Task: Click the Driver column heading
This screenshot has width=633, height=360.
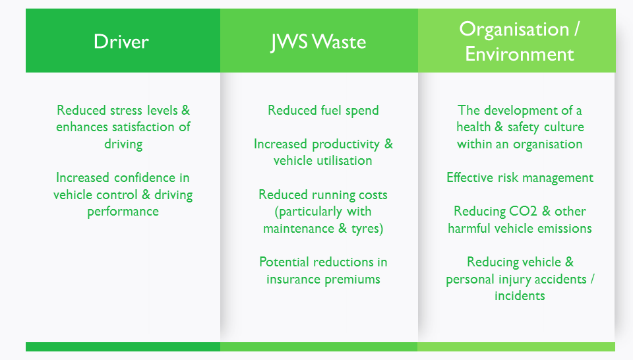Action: [x=121, y=42]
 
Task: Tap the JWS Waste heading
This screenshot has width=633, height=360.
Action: [x=318, y=42]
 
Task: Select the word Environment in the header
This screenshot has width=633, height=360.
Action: [x=519, y=54]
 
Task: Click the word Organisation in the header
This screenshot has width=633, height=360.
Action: [x=514, y=30]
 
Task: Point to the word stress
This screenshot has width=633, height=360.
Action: [x=127, y=110]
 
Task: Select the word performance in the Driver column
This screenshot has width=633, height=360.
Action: [x=123, y=212]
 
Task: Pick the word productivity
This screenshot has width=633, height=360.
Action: [x=346, y=144]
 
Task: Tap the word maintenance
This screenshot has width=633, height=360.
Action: [x=298, y=228]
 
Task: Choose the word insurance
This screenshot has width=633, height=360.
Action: [x=293, y=280]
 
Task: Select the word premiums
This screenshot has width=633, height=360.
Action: [x=351, y=280]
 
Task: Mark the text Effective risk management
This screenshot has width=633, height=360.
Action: [x=520, y=178]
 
